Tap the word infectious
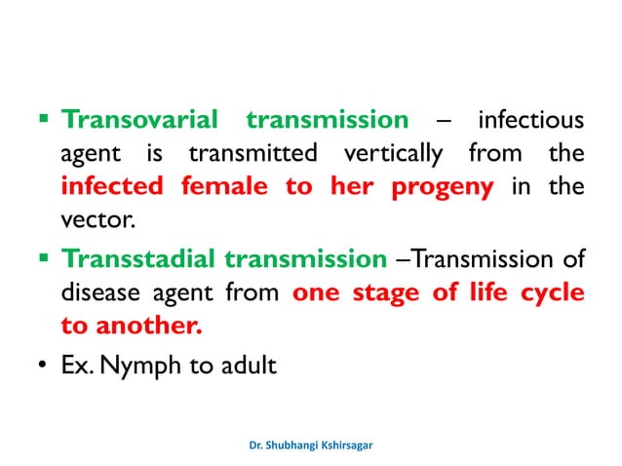pos(530,120)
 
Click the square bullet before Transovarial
pos(43,121)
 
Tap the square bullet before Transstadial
pos(43,259)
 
